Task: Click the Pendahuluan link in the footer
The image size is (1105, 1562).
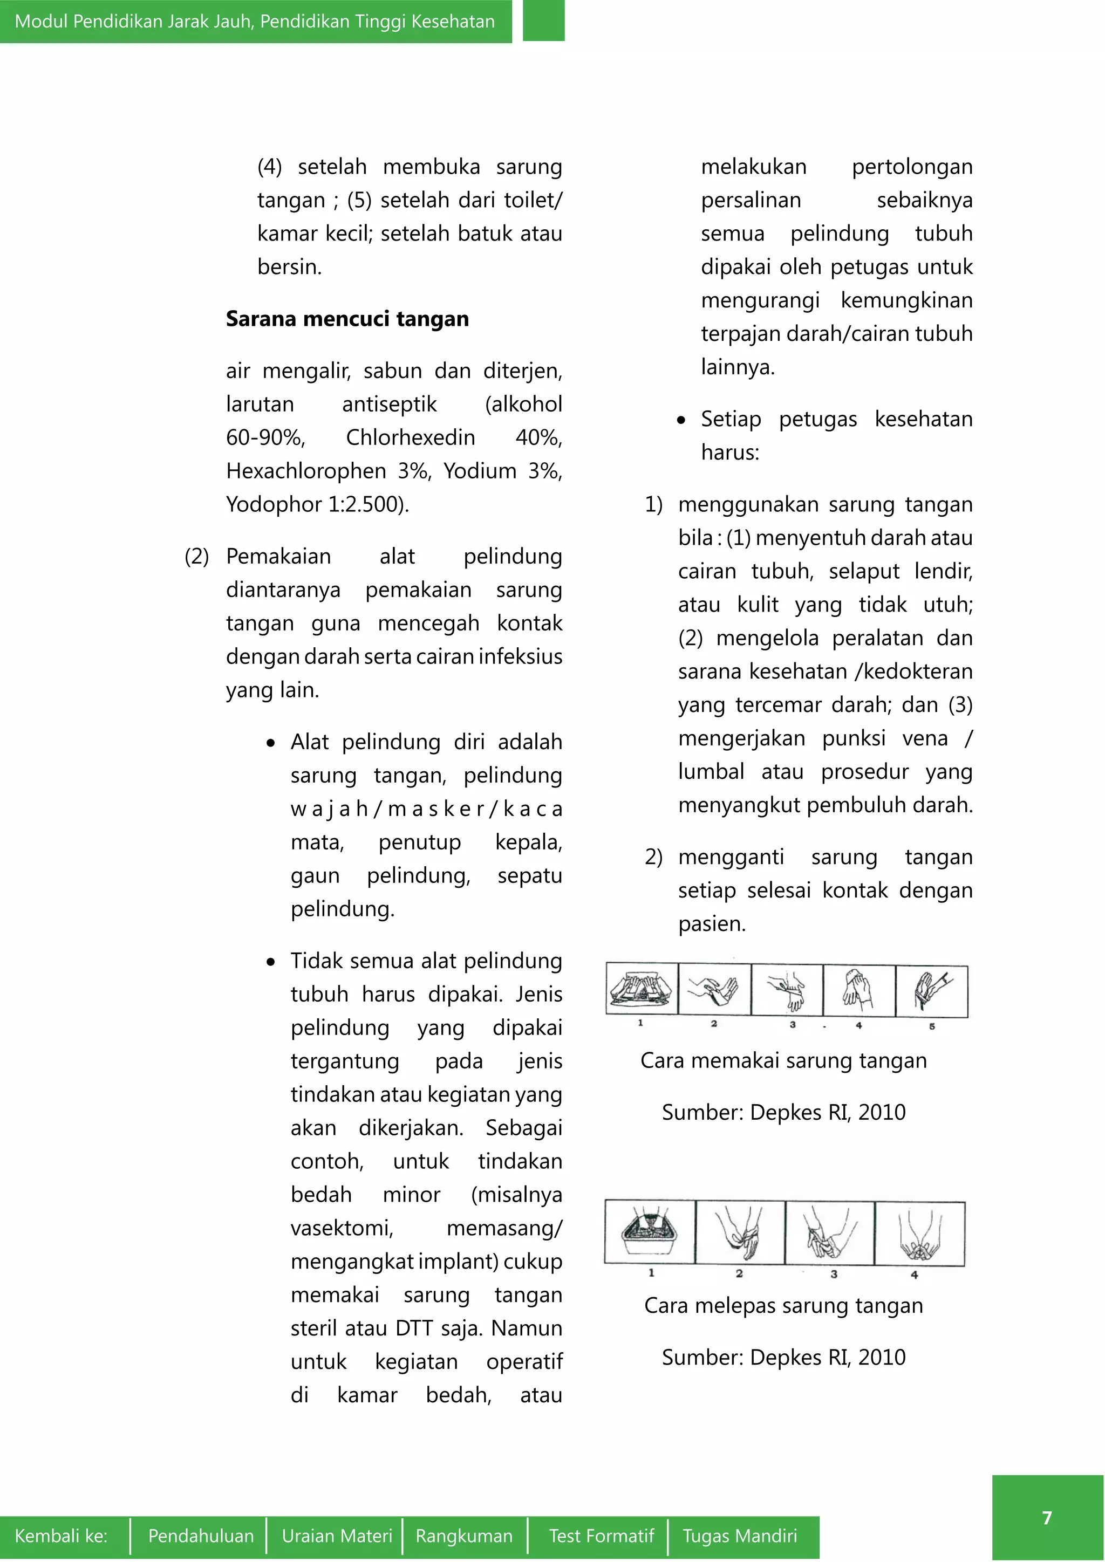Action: click(x=201, y=1536)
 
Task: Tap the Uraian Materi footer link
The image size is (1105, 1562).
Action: click(x=337, y=1536)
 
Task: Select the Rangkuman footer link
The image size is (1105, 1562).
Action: click(x=464, y=1536)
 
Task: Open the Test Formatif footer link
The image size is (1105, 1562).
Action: click(x=601, y=1536)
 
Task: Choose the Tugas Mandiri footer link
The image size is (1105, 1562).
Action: click(x=740, y=1536)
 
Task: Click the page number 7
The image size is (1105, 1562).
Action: click(x=1047, y=1518)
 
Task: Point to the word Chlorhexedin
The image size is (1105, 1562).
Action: click(x=410, y=437)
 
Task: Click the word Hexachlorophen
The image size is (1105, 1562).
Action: click(x=305, y=470)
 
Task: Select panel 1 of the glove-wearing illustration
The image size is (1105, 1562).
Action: click(x=642, y=989)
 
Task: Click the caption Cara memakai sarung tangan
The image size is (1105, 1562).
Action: click(x=783, y=1060)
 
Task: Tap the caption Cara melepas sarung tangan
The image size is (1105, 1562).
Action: click(x=783, y=1305)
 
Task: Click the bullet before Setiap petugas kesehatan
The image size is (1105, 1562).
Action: click(x=681, y=420)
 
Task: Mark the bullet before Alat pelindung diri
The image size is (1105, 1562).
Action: click(x=271, y=743)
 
